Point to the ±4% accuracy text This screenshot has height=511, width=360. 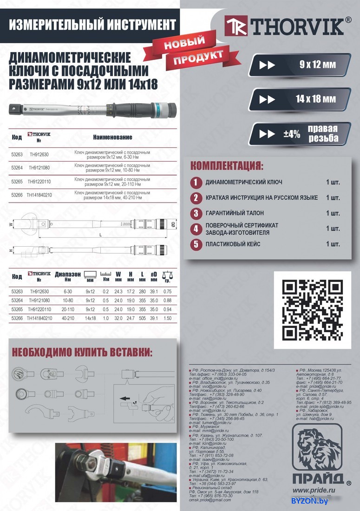click(292, 134)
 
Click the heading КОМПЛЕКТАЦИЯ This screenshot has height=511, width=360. click(227, 166)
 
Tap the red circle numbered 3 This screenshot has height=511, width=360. click(196, 213)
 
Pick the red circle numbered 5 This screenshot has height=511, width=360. click(196, 244)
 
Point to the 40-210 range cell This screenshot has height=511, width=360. click(67, 319)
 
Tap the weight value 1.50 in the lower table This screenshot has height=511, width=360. click(167, 319)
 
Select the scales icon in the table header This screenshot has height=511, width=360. click(167, 275)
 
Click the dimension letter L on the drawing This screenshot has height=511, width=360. click(100, 235)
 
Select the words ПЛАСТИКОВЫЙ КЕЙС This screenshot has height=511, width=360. click(233, 244)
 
